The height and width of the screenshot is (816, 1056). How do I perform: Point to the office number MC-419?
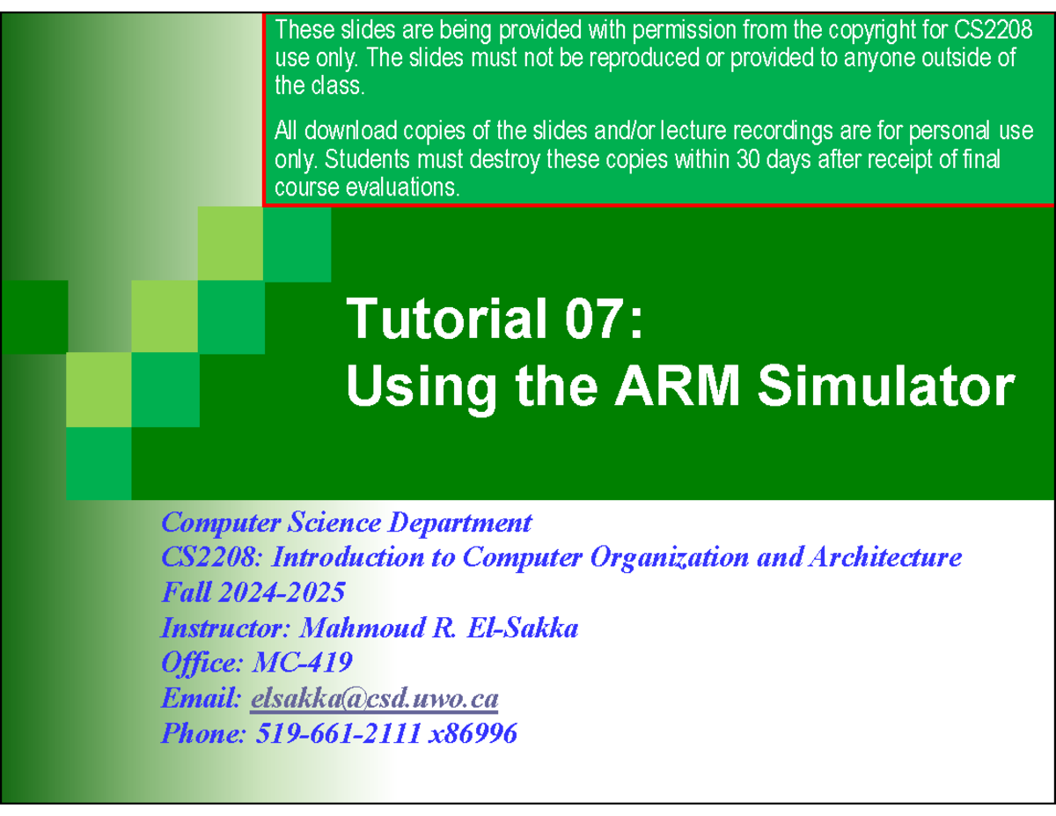pos(302,663)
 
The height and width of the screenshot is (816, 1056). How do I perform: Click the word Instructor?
pos(224,628)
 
